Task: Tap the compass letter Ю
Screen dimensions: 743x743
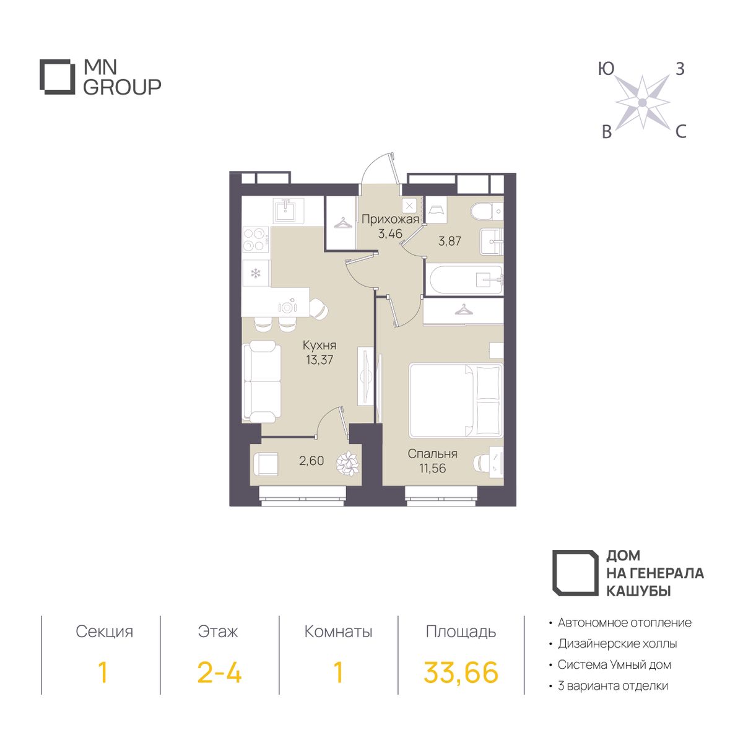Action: [606, 69]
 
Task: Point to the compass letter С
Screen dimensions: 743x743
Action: [680, 132]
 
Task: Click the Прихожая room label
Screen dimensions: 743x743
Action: [390, 220]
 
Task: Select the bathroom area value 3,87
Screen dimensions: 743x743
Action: [450, 241]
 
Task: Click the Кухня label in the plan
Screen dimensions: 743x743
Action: [319, 345]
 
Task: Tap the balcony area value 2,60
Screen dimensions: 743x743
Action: [311, 461]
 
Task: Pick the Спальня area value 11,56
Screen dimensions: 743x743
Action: [433, 468]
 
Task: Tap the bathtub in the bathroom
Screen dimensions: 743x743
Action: [464, 280]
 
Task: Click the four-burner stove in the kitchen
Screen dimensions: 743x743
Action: [255, 240]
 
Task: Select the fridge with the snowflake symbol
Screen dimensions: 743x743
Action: [256, 274]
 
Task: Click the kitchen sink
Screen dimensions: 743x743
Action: [289, 211]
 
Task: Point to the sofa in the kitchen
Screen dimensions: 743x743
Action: [262, 383]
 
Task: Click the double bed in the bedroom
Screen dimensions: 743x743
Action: [456, 400]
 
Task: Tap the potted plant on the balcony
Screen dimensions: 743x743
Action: [348, 463]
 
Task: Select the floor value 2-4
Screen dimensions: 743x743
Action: [219, 672]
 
